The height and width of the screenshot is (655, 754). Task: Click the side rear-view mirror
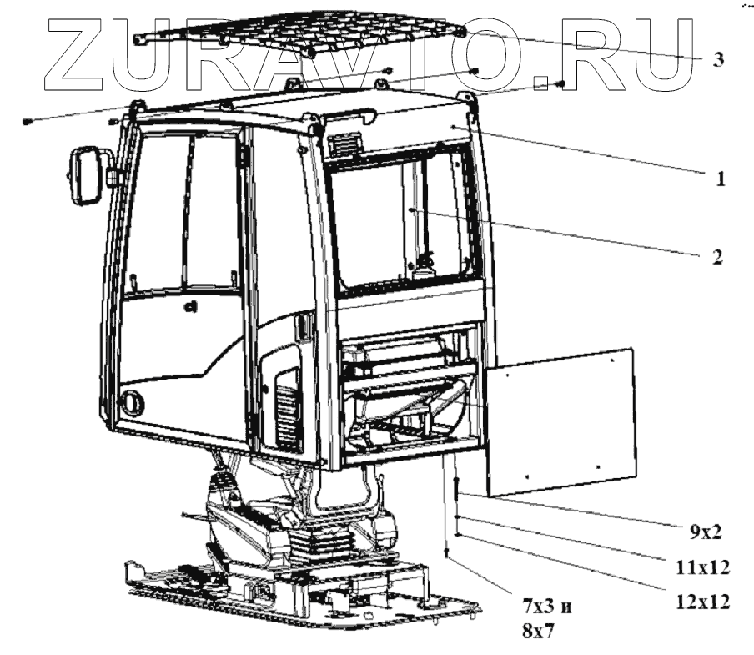[84, 174]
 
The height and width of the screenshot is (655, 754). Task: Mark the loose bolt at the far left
[28, 123]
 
